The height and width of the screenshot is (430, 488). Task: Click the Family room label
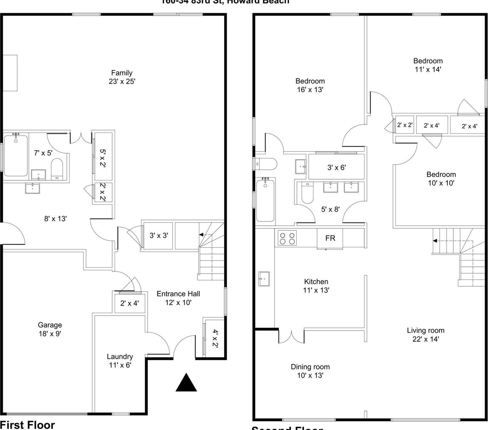point(122,77)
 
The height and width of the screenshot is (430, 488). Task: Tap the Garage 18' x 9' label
point(50,329)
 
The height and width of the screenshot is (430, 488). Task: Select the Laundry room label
point(120,361)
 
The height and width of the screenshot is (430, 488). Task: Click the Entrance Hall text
point(178,298)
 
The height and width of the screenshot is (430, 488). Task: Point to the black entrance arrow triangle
point(186,383)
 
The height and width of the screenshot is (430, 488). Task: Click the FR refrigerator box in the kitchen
point(330,238)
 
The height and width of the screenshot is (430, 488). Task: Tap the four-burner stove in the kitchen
point(287,238)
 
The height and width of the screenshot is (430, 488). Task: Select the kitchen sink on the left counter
point(264,279)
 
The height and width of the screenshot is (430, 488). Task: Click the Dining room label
point(310,371)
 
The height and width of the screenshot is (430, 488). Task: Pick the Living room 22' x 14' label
point(425,335)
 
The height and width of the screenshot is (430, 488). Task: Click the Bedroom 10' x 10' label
point(441,179)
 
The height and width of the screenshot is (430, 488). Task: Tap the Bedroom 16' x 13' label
point(310,85)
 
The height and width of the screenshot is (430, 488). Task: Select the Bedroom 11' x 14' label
point(428,65)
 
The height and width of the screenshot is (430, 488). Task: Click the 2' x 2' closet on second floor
point(405,125)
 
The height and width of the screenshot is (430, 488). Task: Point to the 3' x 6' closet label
point(336,167)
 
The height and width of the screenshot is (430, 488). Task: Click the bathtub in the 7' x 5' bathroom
point(16,156)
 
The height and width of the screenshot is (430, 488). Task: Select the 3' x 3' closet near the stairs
point(159,236)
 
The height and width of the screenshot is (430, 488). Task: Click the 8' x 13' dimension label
point(55,219)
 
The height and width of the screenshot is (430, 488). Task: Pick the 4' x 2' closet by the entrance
point(215,338)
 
